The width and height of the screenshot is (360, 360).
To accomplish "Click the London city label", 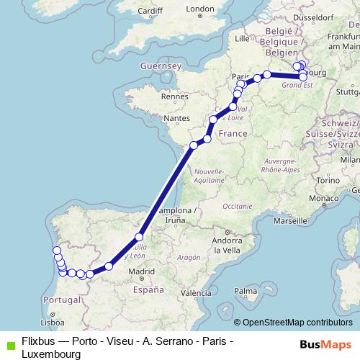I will tap(200, 9).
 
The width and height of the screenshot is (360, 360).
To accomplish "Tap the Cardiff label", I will tap(148, 11).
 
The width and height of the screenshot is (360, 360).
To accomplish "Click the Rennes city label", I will tap(174, 96).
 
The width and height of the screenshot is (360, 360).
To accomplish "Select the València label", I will tap(195, 293).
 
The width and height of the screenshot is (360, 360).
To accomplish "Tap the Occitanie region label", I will tap(238, 206).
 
